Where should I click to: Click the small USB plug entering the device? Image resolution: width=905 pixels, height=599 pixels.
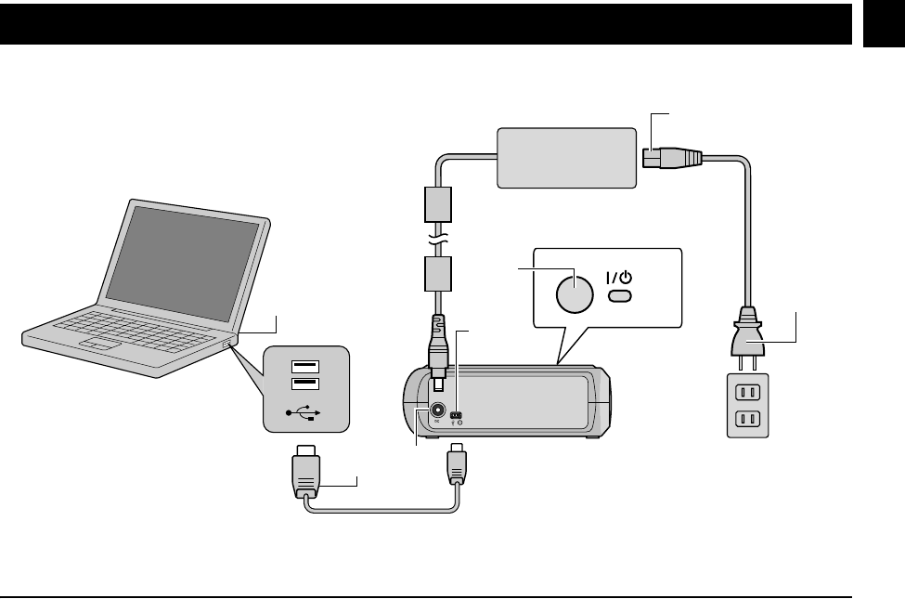pos(456,464)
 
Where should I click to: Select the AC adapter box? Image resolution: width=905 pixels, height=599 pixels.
pos(566,157)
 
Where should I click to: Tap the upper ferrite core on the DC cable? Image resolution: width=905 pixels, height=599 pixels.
pos(436,204)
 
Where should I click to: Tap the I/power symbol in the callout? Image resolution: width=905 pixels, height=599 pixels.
pos(620,277)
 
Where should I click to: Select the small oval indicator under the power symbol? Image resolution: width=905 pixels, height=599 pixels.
pos(620,296)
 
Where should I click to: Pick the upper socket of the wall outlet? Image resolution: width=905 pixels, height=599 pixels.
pos(747,391)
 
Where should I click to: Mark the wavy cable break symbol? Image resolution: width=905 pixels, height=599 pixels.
pos(436,240)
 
